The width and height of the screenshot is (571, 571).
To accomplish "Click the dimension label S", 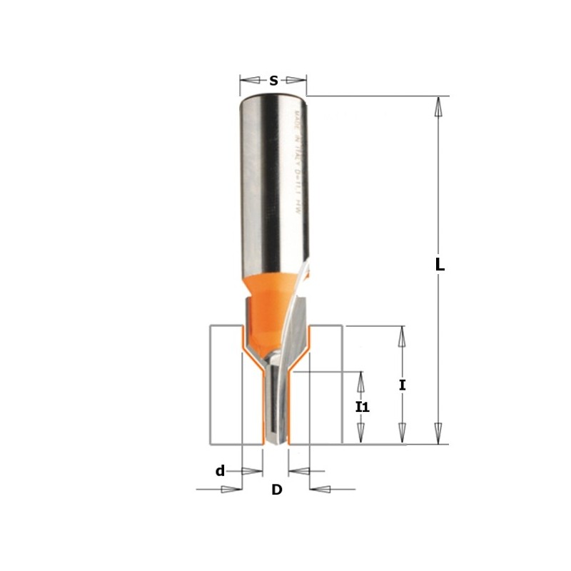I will [x=273, y=81].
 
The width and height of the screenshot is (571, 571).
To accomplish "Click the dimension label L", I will [x=440, y=265].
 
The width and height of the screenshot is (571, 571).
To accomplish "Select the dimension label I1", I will [x=363, y=408].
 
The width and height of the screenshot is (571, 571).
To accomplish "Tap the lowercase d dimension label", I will [x=221, y=471].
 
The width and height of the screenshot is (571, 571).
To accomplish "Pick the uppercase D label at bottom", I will [x=277, y=490].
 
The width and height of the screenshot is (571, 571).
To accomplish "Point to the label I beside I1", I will [x=403, y=385].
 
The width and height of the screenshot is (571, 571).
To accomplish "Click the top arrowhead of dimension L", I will [x=438, y=106].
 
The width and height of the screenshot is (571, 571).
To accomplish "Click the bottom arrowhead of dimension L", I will [x=438, y=433].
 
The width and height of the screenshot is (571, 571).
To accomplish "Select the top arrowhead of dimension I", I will [x=402, y=336].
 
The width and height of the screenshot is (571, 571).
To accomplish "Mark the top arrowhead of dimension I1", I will [x=361, y=383].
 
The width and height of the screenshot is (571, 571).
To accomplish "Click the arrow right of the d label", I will [x=252, y=471].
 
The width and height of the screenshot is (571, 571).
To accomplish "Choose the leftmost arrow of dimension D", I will [x=231, y=490].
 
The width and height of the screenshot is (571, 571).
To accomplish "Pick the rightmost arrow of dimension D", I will [x=322, y=490].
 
